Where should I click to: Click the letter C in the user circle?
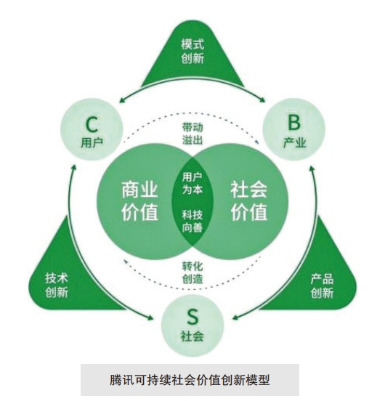click(x=92, y=124)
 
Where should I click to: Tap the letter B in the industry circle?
click(x=294, y=122)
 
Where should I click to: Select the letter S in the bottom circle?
click(x=192, y=317)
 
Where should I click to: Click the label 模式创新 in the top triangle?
click(x=192, y=51)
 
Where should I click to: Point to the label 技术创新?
click(x=57, y=285)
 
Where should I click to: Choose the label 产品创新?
click(x=322, y=286)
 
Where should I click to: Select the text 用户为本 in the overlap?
click(x=192, y=183)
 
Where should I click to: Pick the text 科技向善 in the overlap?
click(x=192, y=221)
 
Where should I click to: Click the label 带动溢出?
click(x=192, y=134)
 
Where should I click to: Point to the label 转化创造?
click(x=192, y=272)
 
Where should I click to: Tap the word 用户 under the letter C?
click(x=92, y=142)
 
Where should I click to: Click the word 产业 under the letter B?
click(x=294, y=142)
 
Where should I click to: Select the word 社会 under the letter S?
click(x=192, y=336)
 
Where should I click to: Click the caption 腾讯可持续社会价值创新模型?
click(x=190, y=380)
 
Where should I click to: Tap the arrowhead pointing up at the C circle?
click(x=73, y=168)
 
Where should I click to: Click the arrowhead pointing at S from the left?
click(x=150, y=317)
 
